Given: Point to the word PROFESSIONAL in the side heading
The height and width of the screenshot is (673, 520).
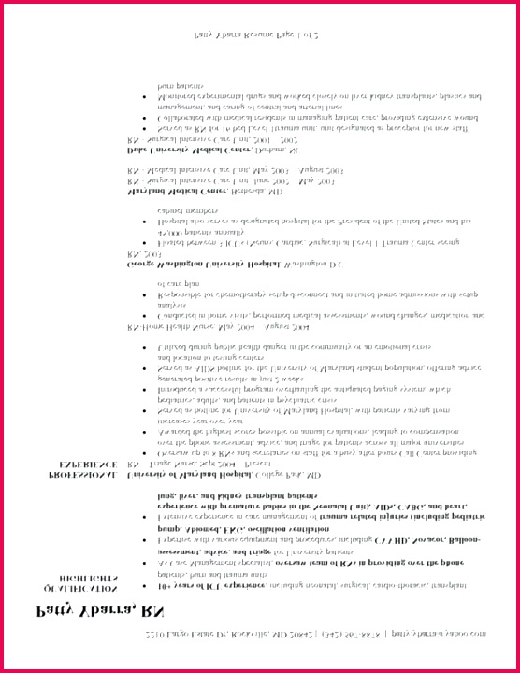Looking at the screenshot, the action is [83, 475].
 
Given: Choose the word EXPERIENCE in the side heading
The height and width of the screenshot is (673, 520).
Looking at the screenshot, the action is [88, 464].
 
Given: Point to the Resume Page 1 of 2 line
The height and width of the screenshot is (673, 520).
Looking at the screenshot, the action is [257, 35].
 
